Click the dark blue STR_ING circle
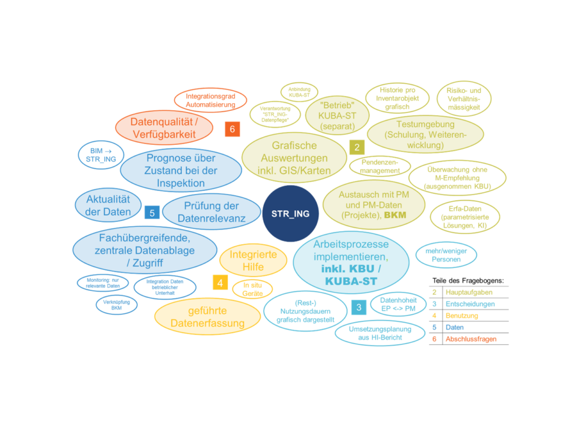(290, 213)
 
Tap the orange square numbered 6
(232, 129)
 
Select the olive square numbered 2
(356, 147)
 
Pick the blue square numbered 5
(151, 212)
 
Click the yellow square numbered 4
(220, 283)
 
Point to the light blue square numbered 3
(358, 307)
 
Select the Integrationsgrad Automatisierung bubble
(210, 100)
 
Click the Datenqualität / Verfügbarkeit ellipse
(164, 128)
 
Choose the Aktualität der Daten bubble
(109, 205)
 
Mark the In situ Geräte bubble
(252, 289)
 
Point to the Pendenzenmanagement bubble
(380, 166)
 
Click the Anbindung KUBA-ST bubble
(299, 91)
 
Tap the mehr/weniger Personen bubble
(446, 255)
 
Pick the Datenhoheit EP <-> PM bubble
(398, 304)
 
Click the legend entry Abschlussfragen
(470, 339)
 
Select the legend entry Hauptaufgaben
(469, 292)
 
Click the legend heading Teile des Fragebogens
(468, 280)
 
